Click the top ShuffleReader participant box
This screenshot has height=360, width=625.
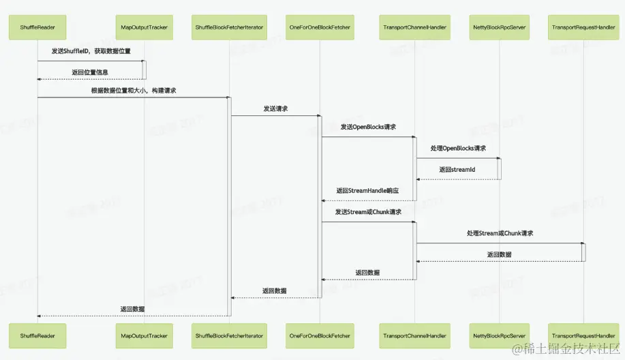37,28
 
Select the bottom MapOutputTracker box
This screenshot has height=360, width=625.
144,335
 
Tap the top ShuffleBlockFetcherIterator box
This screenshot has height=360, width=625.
230,28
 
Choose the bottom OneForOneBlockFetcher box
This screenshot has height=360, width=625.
320,335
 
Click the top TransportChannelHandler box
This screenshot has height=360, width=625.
414,28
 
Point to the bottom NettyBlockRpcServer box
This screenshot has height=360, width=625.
499,335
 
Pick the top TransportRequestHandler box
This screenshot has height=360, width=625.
583,28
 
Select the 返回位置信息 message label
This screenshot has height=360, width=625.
89,72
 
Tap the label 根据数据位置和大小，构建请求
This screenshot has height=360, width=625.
134,90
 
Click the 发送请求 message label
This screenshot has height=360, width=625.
275,108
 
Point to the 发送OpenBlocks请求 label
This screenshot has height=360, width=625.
368,127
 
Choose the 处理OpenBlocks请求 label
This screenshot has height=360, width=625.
458,149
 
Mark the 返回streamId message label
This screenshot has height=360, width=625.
457,170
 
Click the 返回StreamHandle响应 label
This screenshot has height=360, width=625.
367,192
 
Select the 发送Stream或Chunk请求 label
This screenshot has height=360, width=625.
368,212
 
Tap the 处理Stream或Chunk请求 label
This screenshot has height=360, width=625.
500,233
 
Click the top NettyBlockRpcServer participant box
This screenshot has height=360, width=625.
499,28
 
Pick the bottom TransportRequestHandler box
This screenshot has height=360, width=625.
583,335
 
